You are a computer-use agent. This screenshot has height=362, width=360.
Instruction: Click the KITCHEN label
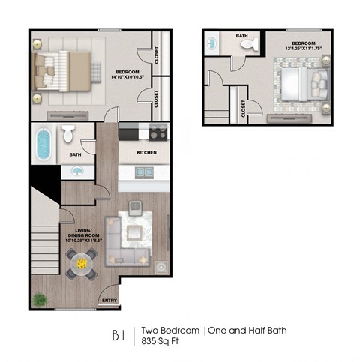(x=145, y=152)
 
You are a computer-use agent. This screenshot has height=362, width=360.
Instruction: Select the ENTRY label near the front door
(x=109, y=302)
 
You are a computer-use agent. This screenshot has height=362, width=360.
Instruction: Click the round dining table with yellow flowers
(x=80, y=263)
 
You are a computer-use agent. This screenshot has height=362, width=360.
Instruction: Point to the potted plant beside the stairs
(x=39, y=300)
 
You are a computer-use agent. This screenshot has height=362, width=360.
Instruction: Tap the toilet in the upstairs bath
(x=250, y=44)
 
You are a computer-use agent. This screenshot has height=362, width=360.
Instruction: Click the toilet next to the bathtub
(x=69, y=134)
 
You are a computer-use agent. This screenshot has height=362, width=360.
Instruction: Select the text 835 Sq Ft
(x=163, y=340)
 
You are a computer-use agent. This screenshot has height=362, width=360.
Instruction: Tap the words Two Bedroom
(x=170, y=330)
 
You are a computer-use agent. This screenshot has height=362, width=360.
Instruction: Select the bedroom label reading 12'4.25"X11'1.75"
(x=304, y=46)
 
